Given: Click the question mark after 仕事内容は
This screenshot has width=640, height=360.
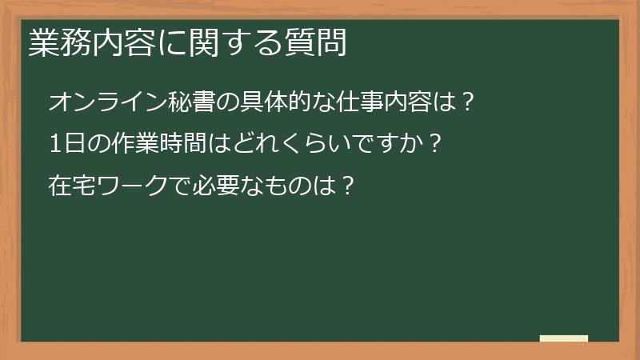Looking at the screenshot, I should point(470,102).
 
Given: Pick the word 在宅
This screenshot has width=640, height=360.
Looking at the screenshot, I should point(70,186).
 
